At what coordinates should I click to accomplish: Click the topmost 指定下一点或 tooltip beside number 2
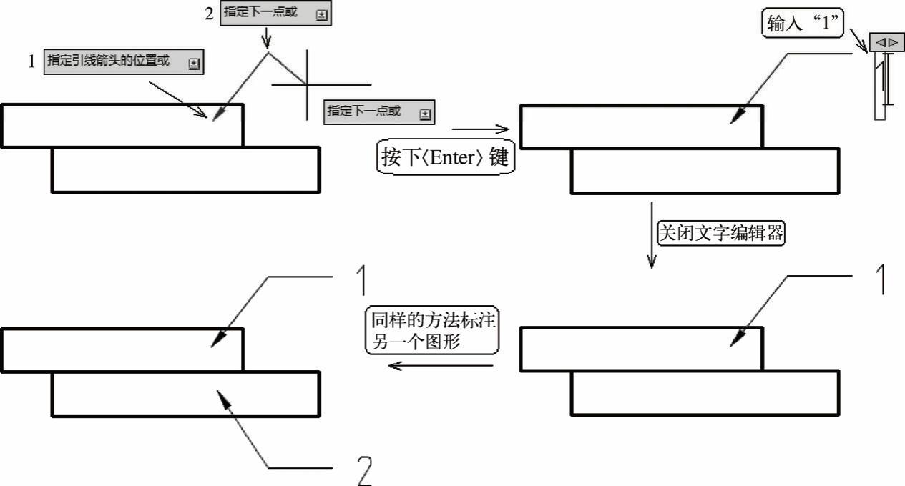(276, 14)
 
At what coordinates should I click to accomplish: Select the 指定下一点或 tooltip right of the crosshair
(378, 112)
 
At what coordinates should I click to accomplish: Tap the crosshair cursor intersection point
(307, 84)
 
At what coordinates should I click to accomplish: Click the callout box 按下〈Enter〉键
(445, 157)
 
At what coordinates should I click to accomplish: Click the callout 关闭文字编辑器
(720, 234)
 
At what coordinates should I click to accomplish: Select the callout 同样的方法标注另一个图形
(431, 331)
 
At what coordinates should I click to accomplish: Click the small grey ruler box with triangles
(886, 42)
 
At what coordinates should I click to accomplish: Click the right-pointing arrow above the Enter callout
(480, 129)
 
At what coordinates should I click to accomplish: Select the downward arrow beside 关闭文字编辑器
(651, 236)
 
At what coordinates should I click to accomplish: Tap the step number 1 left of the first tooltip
(31, 62)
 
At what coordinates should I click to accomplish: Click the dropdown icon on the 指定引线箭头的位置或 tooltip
(194, 64)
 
